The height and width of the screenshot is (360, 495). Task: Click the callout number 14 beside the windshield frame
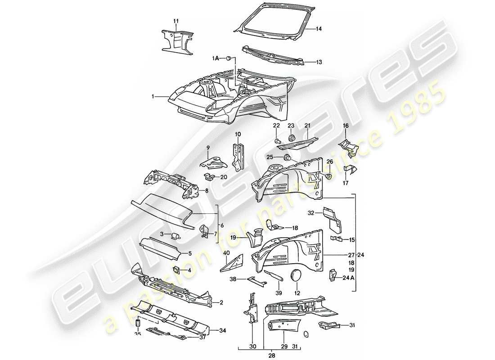(x=318, y=29)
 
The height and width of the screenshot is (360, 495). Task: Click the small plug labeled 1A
(x=229, y=58)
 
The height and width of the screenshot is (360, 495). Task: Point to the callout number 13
(x=319, y=62)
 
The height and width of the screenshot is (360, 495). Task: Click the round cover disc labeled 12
(x=297, y=274)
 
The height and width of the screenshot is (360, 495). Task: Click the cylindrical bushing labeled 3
(x=176, y=234)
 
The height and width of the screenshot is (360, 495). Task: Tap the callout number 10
(x=238, y=134)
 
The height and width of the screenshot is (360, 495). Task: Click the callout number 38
(x=233, y=279)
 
